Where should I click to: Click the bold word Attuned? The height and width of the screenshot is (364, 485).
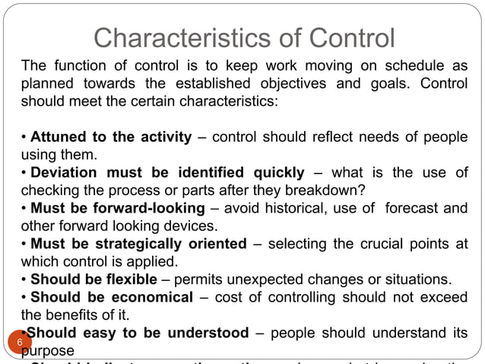[59, 138]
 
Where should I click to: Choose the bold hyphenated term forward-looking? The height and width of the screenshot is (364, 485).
[158, 209]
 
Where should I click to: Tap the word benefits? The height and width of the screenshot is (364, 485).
[74, 314]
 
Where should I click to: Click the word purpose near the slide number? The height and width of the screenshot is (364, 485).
[49, 350]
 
